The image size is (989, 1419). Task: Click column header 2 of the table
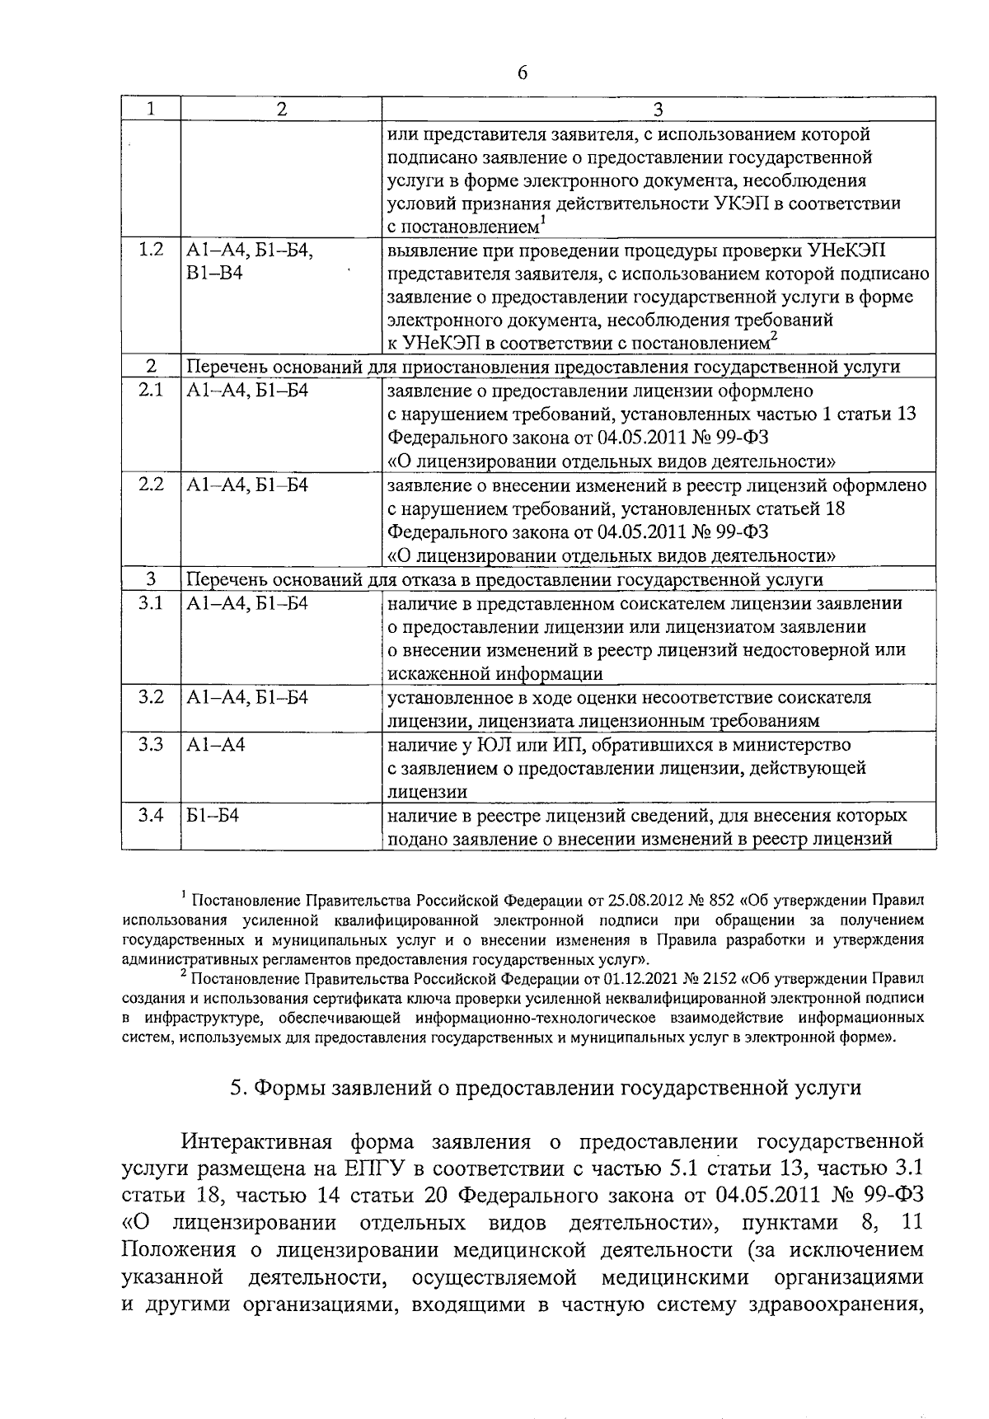(x=282, y=110)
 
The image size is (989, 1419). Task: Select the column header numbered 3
(x=658, y=110)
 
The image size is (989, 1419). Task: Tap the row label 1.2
(x=152, y=250)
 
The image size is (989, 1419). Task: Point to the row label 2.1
(x=152, y=391)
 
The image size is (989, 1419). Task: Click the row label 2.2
(x=152, y=485)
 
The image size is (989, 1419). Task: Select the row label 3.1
(x=152, y=604)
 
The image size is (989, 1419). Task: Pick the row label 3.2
(x=152, y=698)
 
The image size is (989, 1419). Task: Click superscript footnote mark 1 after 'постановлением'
(x=541, y=220)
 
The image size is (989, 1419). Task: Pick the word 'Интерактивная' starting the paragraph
(x=257, y=1142)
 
